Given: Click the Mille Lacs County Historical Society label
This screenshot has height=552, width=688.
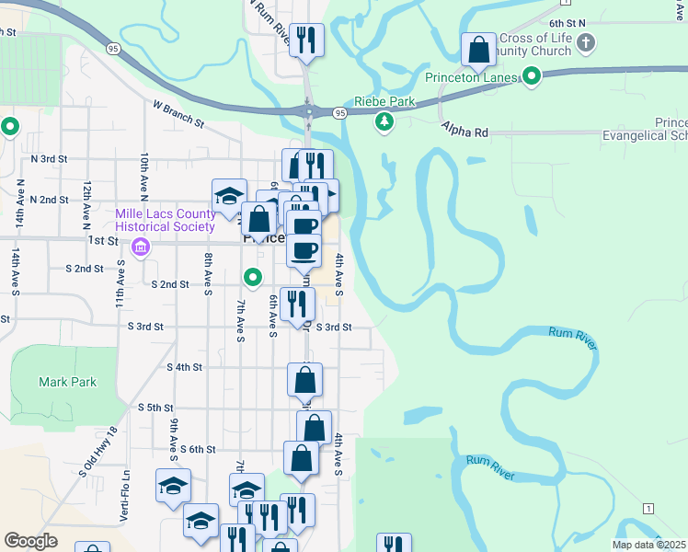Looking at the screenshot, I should (x=165, y=220).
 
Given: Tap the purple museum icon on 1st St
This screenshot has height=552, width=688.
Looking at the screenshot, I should (x=141, y=246).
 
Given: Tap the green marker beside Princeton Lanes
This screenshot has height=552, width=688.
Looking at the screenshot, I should (x=531, y=76).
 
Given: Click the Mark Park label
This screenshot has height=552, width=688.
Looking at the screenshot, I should (x=66, y=382).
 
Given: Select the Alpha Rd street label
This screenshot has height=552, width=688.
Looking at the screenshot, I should (x=464, y=132).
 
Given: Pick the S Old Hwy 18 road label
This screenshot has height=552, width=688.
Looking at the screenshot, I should (x=99, y=451).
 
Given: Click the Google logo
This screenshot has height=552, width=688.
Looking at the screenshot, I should (x=30, y=541).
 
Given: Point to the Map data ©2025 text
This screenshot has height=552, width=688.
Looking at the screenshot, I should (x=649, y=545).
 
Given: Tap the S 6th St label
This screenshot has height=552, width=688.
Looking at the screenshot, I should (x=197, y=449).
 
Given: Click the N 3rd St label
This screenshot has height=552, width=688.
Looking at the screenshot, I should (x=49, y=158).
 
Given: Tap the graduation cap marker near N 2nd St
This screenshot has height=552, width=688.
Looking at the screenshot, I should (x=229, y=195).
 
